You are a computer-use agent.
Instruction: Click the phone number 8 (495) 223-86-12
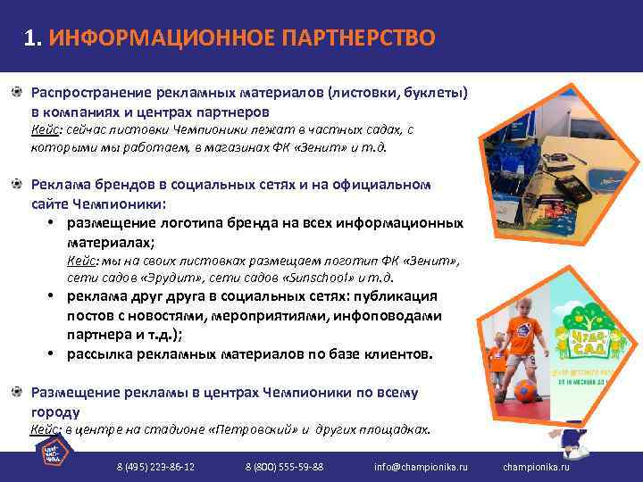(x=156, y=467)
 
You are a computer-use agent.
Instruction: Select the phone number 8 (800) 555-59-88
(x=284, y=467)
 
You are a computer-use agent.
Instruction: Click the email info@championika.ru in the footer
(x=421, y=467)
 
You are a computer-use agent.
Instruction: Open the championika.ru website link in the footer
(x=536, y=467)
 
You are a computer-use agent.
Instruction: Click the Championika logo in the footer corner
(x=54, y=453)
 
